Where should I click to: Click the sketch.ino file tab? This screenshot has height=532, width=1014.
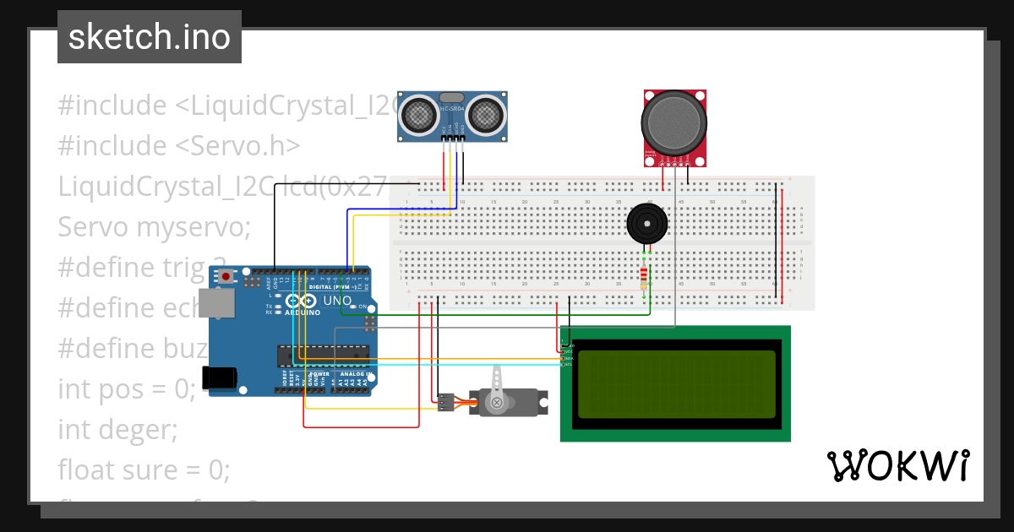(x=150, y=37)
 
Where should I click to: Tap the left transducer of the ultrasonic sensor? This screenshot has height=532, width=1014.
(x=417, y=114)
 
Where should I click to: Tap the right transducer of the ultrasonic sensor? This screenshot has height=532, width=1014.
(x=487, y=114)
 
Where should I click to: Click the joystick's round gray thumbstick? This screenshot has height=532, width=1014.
(x=673, y=122)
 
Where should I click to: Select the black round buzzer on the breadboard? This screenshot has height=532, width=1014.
(x=646, y=224)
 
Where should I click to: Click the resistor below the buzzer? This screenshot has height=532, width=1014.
(x=645, y=276)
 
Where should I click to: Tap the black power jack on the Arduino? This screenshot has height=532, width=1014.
(x=217, y=377)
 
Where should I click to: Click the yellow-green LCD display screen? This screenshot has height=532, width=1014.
(x=676, y=384)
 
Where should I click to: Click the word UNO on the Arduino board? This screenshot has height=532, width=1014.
(x=337, y=301)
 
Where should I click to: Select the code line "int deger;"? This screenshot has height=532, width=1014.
(x=117, y=430)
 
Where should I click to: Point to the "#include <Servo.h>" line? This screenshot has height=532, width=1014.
(x=179, y=146)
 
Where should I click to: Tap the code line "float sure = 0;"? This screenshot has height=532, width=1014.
(x=144, y=470)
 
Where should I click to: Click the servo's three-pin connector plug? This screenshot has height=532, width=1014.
(x=445, y=403)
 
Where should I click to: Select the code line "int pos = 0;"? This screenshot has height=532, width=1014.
(x=127, y=389)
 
